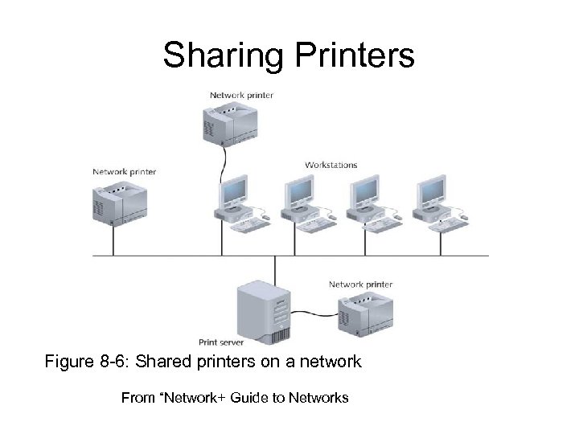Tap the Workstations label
tap(331, 165)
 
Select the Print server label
tap(220, 342)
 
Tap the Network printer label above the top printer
tap(241, 95)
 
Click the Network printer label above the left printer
tap(124, 171)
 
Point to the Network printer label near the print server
tap(360, 285)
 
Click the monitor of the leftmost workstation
tap(233, 191)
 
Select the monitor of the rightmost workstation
tap(431, 191)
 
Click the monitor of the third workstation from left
tap(365, 191)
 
